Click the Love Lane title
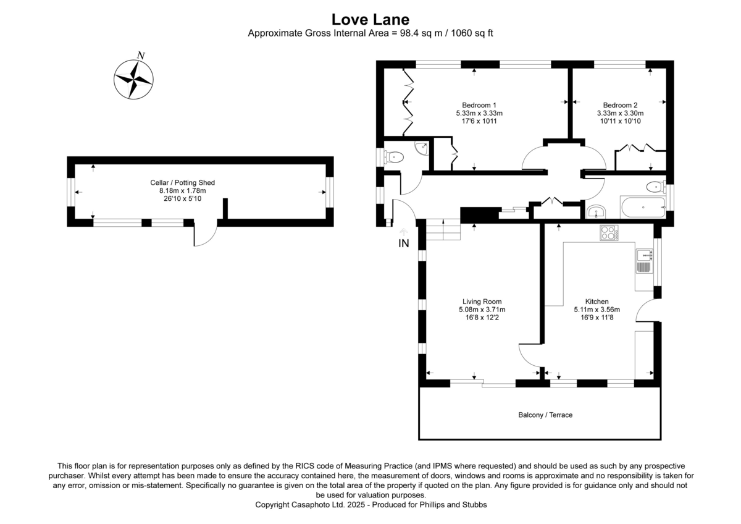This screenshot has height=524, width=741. pos(370,20)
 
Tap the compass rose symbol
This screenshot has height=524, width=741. pos(133,78)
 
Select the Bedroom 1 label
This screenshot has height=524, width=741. pos(479,104)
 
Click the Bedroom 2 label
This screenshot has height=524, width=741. pos(620,104)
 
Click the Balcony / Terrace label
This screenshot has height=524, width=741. pos(545,415)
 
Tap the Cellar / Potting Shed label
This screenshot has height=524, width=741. pos(182,183)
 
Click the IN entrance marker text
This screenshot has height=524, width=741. pos(403,244)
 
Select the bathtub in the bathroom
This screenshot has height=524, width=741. pos(642,207)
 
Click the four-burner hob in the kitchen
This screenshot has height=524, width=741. pos(608,232)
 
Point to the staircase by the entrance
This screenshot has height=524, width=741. pos(443,230)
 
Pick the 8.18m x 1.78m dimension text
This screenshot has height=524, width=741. pos(182,191)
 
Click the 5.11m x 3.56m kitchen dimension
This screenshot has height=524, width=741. pos(597,310)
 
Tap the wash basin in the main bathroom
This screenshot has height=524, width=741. pos(596,212)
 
